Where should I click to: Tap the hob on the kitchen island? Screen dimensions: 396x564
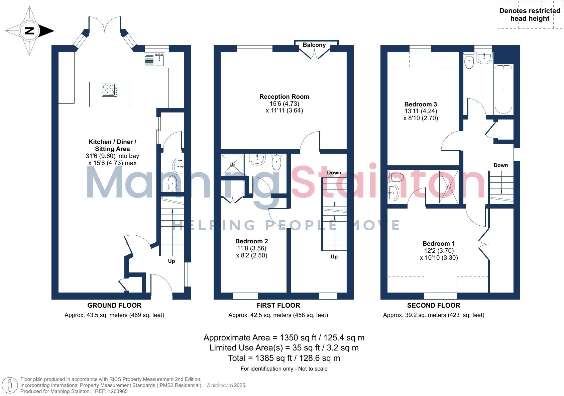click(x=110, y=90)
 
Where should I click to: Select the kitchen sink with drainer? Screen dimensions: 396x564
click(x=154, y=60)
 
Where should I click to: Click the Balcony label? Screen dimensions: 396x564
click(x=314, y=45)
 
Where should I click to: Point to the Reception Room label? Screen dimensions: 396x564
click(x=284, y=97)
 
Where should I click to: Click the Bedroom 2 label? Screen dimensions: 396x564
click(x=251, y=241)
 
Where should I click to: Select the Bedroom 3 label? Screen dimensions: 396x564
click(x=420, y=104)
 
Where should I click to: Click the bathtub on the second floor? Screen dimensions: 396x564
click(x=503, y=89)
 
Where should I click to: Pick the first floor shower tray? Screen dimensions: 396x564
click(x=232, y=164)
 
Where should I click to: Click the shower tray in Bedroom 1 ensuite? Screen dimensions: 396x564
click(x=449, y=187)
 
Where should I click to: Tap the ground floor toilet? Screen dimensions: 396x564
click(x=172, y=183)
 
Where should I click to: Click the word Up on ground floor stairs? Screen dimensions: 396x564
click(x=171, y=261)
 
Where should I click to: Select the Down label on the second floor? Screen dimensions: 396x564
click(x=500, y=165)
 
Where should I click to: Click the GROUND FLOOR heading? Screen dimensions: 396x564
click(x=114, y=306)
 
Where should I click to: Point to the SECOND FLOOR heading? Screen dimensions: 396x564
click(x=433, y=306)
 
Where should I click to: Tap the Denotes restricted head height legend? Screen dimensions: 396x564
click(x=530, y=15)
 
